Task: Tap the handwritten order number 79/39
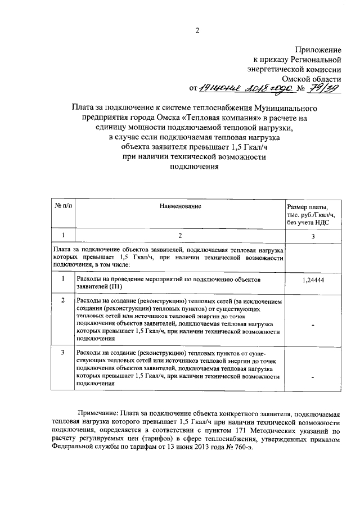click(x=327, y=87)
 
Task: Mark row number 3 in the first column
click(x=62, y=352)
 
